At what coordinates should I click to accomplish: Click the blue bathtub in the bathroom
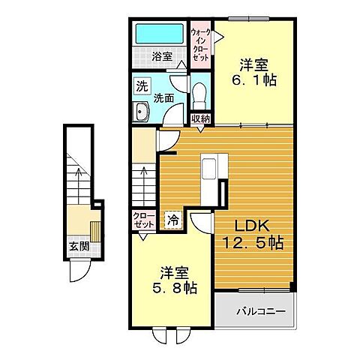click(x=160, y=35)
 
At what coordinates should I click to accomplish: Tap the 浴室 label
click(x=162, y=55)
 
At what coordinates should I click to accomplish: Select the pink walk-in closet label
click(x=200, y=45)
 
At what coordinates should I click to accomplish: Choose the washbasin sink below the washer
click(x=142, y=112)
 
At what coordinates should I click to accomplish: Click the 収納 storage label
click(x=200, y=118)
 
